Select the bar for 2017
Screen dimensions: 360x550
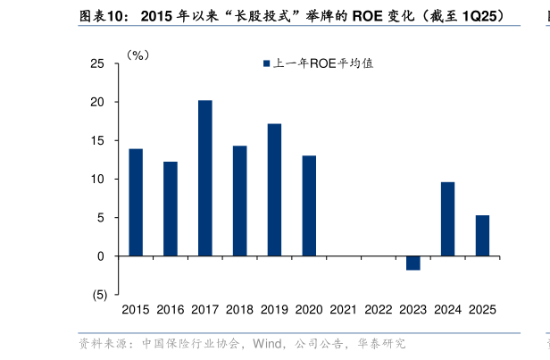tap(205, 178)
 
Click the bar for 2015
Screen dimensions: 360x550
tap(136, 202)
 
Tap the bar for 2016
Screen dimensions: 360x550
tap(171, 208)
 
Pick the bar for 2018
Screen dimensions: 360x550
tap(240, 200)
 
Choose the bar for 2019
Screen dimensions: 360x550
tap(274, 189)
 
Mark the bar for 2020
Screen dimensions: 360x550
tap(309, 205)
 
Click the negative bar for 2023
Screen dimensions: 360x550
tap(412, 263)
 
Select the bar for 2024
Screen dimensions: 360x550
tap(447, 219)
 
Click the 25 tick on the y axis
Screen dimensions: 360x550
tap(97, 64)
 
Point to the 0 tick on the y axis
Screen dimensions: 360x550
tap(101, 256)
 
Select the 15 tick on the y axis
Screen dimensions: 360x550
tap(97, 141)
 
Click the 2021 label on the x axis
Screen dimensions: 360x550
tap(344, 310)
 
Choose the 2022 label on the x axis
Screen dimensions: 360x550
tap(379, 310)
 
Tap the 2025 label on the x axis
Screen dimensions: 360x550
tap(482, 310)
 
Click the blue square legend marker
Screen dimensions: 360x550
tap(265, 63)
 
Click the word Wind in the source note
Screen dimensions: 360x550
tap(269, 343)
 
